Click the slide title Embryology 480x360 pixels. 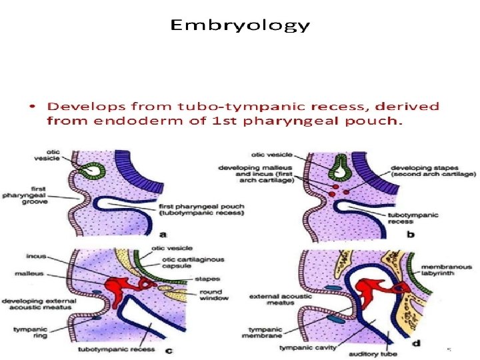click(x=240, y=26)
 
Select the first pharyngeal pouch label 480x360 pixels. click(x=201, y=209)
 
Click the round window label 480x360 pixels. click(x=217, y=294)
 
